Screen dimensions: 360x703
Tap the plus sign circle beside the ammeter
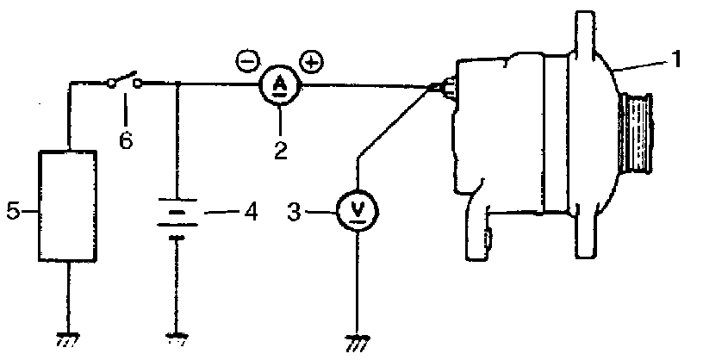pyautogui.click(x=311, y=61)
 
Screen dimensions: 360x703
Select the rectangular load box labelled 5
pyautogui.click(x=68, y=204)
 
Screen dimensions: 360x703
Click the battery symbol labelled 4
pyautogui.click(x=177, y=216)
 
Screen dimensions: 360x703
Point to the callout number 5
pyautogui.click(x=12, y=209)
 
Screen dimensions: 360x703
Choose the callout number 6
pyautogui.click(x=126, y=140)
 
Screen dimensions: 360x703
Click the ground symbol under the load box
pyautogui.click(x=67, y=338)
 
